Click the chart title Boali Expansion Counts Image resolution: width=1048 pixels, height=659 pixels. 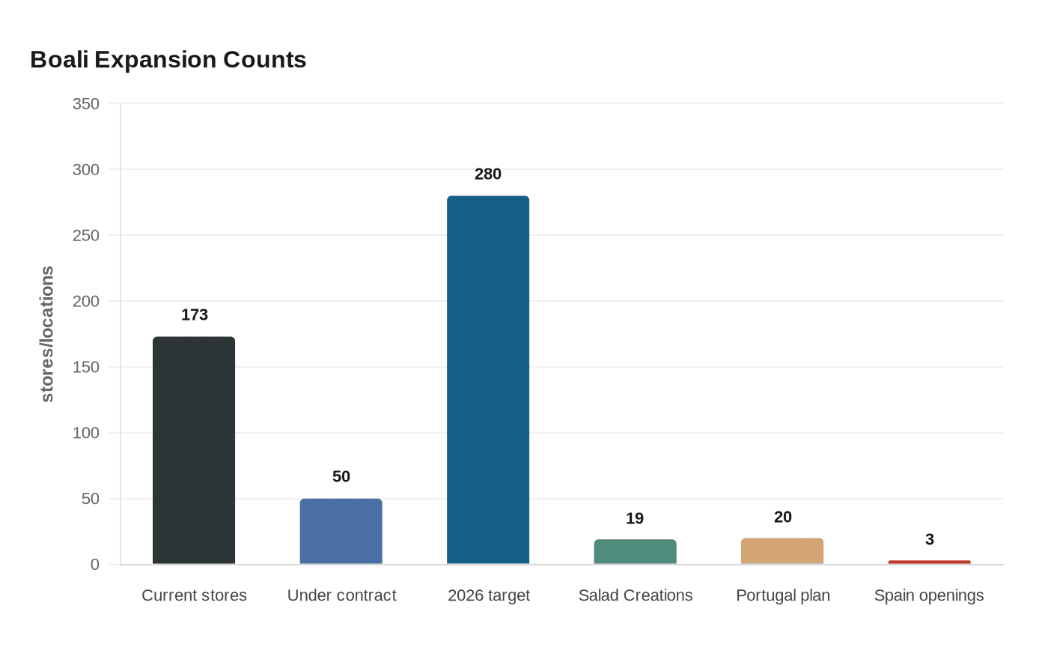pos(168,60)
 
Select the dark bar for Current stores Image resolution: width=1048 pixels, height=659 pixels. pos(194,450)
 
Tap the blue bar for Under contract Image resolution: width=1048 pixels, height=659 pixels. pos(341,531)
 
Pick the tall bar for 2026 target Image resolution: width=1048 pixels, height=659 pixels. pos(488,380)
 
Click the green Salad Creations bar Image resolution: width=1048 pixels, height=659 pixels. pos(636,552)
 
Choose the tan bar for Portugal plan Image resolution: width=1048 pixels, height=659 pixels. pos(782,551)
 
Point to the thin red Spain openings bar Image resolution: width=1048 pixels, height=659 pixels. pos(930,562)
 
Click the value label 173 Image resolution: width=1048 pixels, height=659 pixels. pos(195,315)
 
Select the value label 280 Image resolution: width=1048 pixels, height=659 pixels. pos(488,174)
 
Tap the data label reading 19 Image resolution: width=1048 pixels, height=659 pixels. pos(635,518)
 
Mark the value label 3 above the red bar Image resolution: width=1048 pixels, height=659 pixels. pos(930,540)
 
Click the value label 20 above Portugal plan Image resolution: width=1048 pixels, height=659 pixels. pos(783,517)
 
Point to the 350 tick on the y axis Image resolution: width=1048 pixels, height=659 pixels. pos(86,104)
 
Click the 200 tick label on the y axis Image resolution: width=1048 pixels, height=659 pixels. pos(86,301)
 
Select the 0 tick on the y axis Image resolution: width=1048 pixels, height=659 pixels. pos(95,565)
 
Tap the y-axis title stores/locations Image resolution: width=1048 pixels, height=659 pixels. pos(47,334)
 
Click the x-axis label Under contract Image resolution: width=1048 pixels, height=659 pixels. pos(341,595)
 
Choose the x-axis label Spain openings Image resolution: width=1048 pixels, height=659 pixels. pos(929,596)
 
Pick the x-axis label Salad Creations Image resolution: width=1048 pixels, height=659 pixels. pos(636,595)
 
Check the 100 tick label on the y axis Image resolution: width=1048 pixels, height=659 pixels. pos(86,433)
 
